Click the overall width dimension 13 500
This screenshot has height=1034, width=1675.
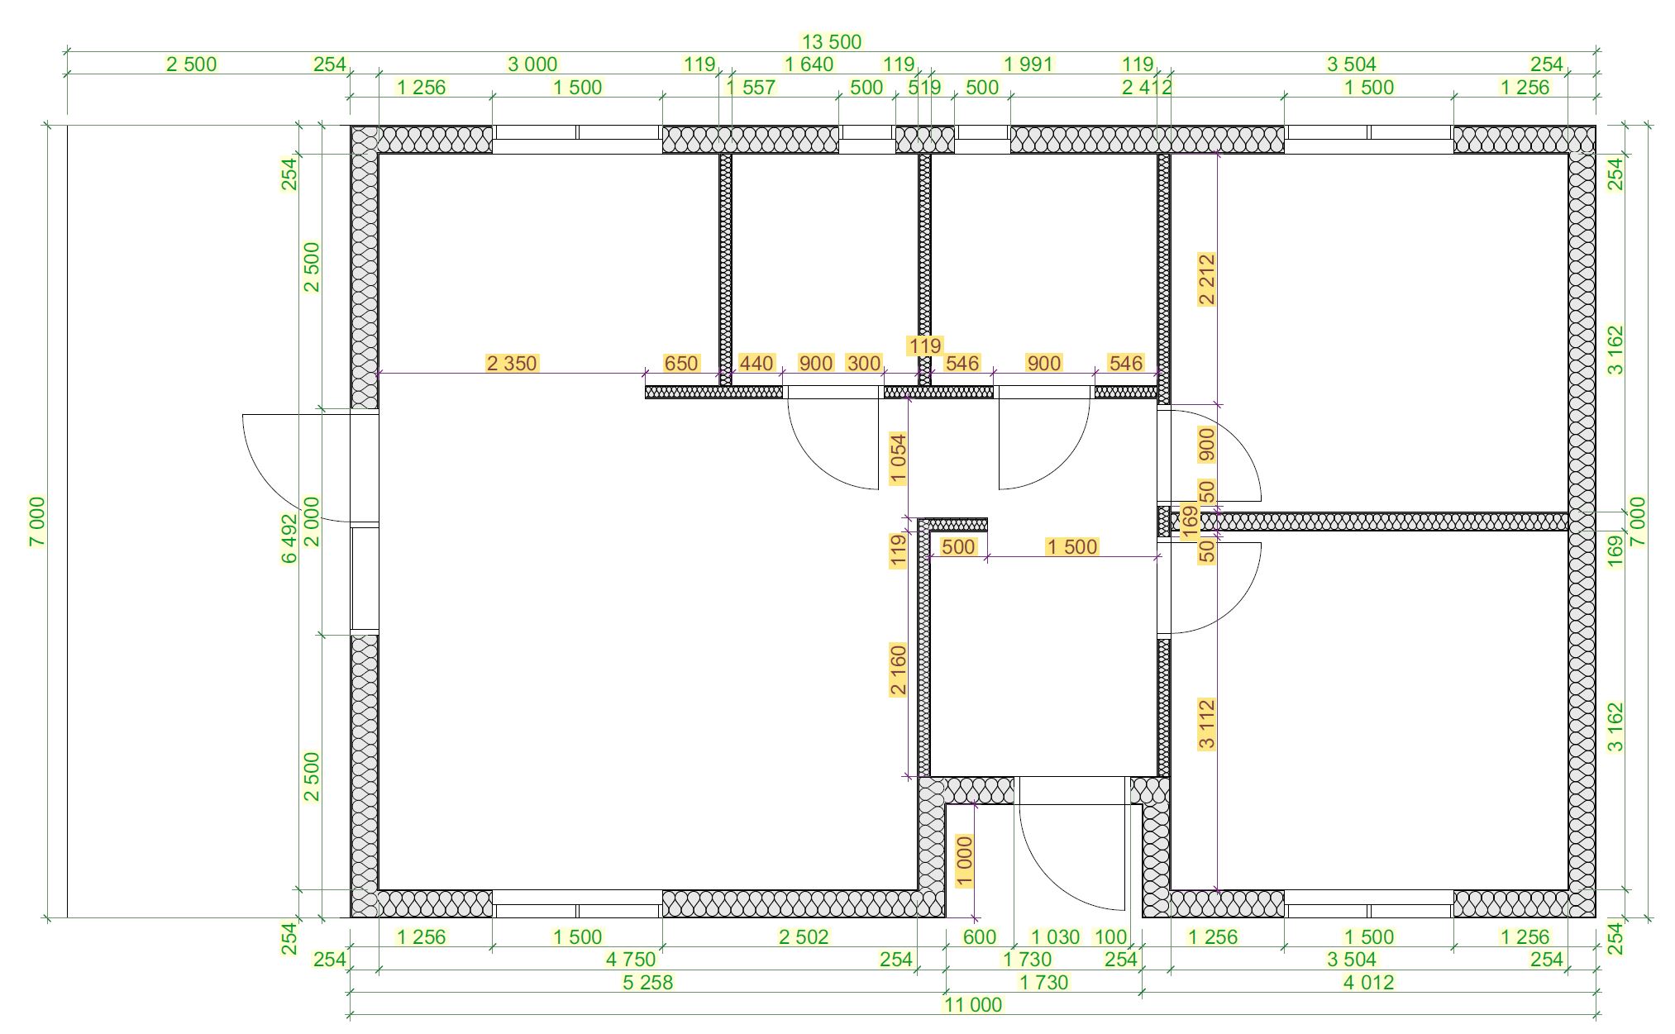pyautogui.click(x=832, y=41)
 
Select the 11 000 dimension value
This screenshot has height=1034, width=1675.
pyautogui.click(x=973, y=1005)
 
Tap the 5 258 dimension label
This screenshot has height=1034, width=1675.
pyautogui.click(x=649, y=982)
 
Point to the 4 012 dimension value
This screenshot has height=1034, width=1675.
pyautogui.click(x=1367, y=982)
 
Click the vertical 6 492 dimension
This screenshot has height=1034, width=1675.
pyautogui.click(x=289, y=539)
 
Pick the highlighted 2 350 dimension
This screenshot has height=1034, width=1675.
pyautogui.click(x=512, y=363)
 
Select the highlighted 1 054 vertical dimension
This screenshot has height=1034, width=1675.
pyautogui.click(x=898, y=458)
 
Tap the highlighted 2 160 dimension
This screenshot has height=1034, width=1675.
pyautogui.click(x=898, y=669)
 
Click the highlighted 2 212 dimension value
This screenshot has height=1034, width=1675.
pyautogui.click(x=1207, y=279)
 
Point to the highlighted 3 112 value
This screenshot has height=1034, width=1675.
pyautogui.click(x=1207, y=724)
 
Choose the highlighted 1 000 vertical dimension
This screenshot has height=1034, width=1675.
pyautogui.click(x=964, y=861)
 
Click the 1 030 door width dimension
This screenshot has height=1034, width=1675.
pyautogui.click(x=1056, y=936)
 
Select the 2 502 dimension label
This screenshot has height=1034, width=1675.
pyautogui.click(x=803, y=936)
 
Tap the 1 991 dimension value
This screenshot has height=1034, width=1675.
pyautogui.click(x=1028, y=64)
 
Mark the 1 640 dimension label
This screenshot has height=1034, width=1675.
pyautogui.click(x=809, y=64)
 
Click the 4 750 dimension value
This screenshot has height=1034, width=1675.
pyautogui.click(x=631, y=959)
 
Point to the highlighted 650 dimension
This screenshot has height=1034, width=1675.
pyautogui.click(x=681, y=363)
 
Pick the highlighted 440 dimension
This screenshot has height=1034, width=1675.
pyautogui.click(x=756, y=363)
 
